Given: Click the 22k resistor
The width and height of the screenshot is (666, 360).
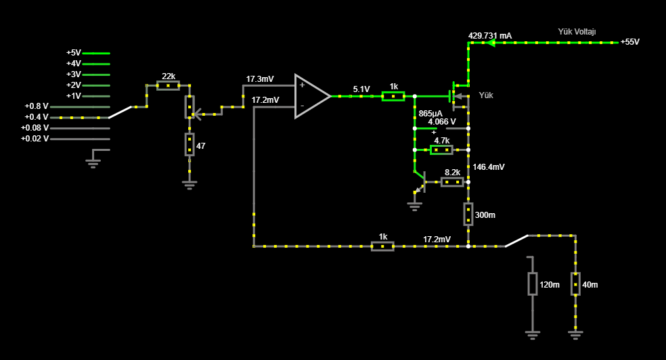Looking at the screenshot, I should pos(168,85).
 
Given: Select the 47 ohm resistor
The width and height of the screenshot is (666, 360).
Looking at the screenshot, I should pos(190,144).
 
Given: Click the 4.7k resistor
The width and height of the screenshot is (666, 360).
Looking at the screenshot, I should pos(441,150).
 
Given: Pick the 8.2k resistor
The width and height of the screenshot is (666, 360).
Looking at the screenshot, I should pos(452,181).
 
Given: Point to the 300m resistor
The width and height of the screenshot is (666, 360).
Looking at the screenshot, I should pos(468,214).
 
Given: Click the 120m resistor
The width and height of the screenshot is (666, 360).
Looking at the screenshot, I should pos(533,284).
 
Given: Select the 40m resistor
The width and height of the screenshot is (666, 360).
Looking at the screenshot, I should pos(575,284).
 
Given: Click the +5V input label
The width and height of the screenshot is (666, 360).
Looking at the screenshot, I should pos(73,53).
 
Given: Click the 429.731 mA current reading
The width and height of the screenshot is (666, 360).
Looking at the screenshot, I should pos(490,35).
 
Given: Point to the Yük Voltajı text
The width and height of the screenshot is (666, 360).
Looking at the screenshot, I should pos(577,32).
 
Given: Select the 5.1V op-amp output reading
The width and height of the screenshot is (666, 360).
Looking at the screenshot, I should pos(361,89).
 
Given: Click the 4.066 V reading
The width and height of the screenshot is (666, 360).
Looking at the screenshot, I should pos(442,122).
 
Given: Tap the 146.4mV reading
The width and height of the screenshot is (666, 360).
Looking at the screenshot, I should pos(489,166).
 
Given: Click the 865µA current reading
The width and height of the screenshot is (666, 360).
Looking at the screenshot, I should pos(430,113).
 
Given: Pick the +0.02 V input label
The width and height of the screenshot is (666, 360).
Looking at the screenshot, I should pos(35,139).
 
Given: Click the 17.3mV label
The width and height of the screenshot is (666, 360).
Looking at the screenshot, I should pos(259,79).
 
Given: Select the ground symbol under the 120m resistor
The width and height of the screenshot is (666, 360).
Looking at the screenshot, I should pos(533,334).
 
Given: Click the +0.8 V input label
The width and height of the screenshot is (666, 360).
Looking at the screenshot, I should pos(37,106).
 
